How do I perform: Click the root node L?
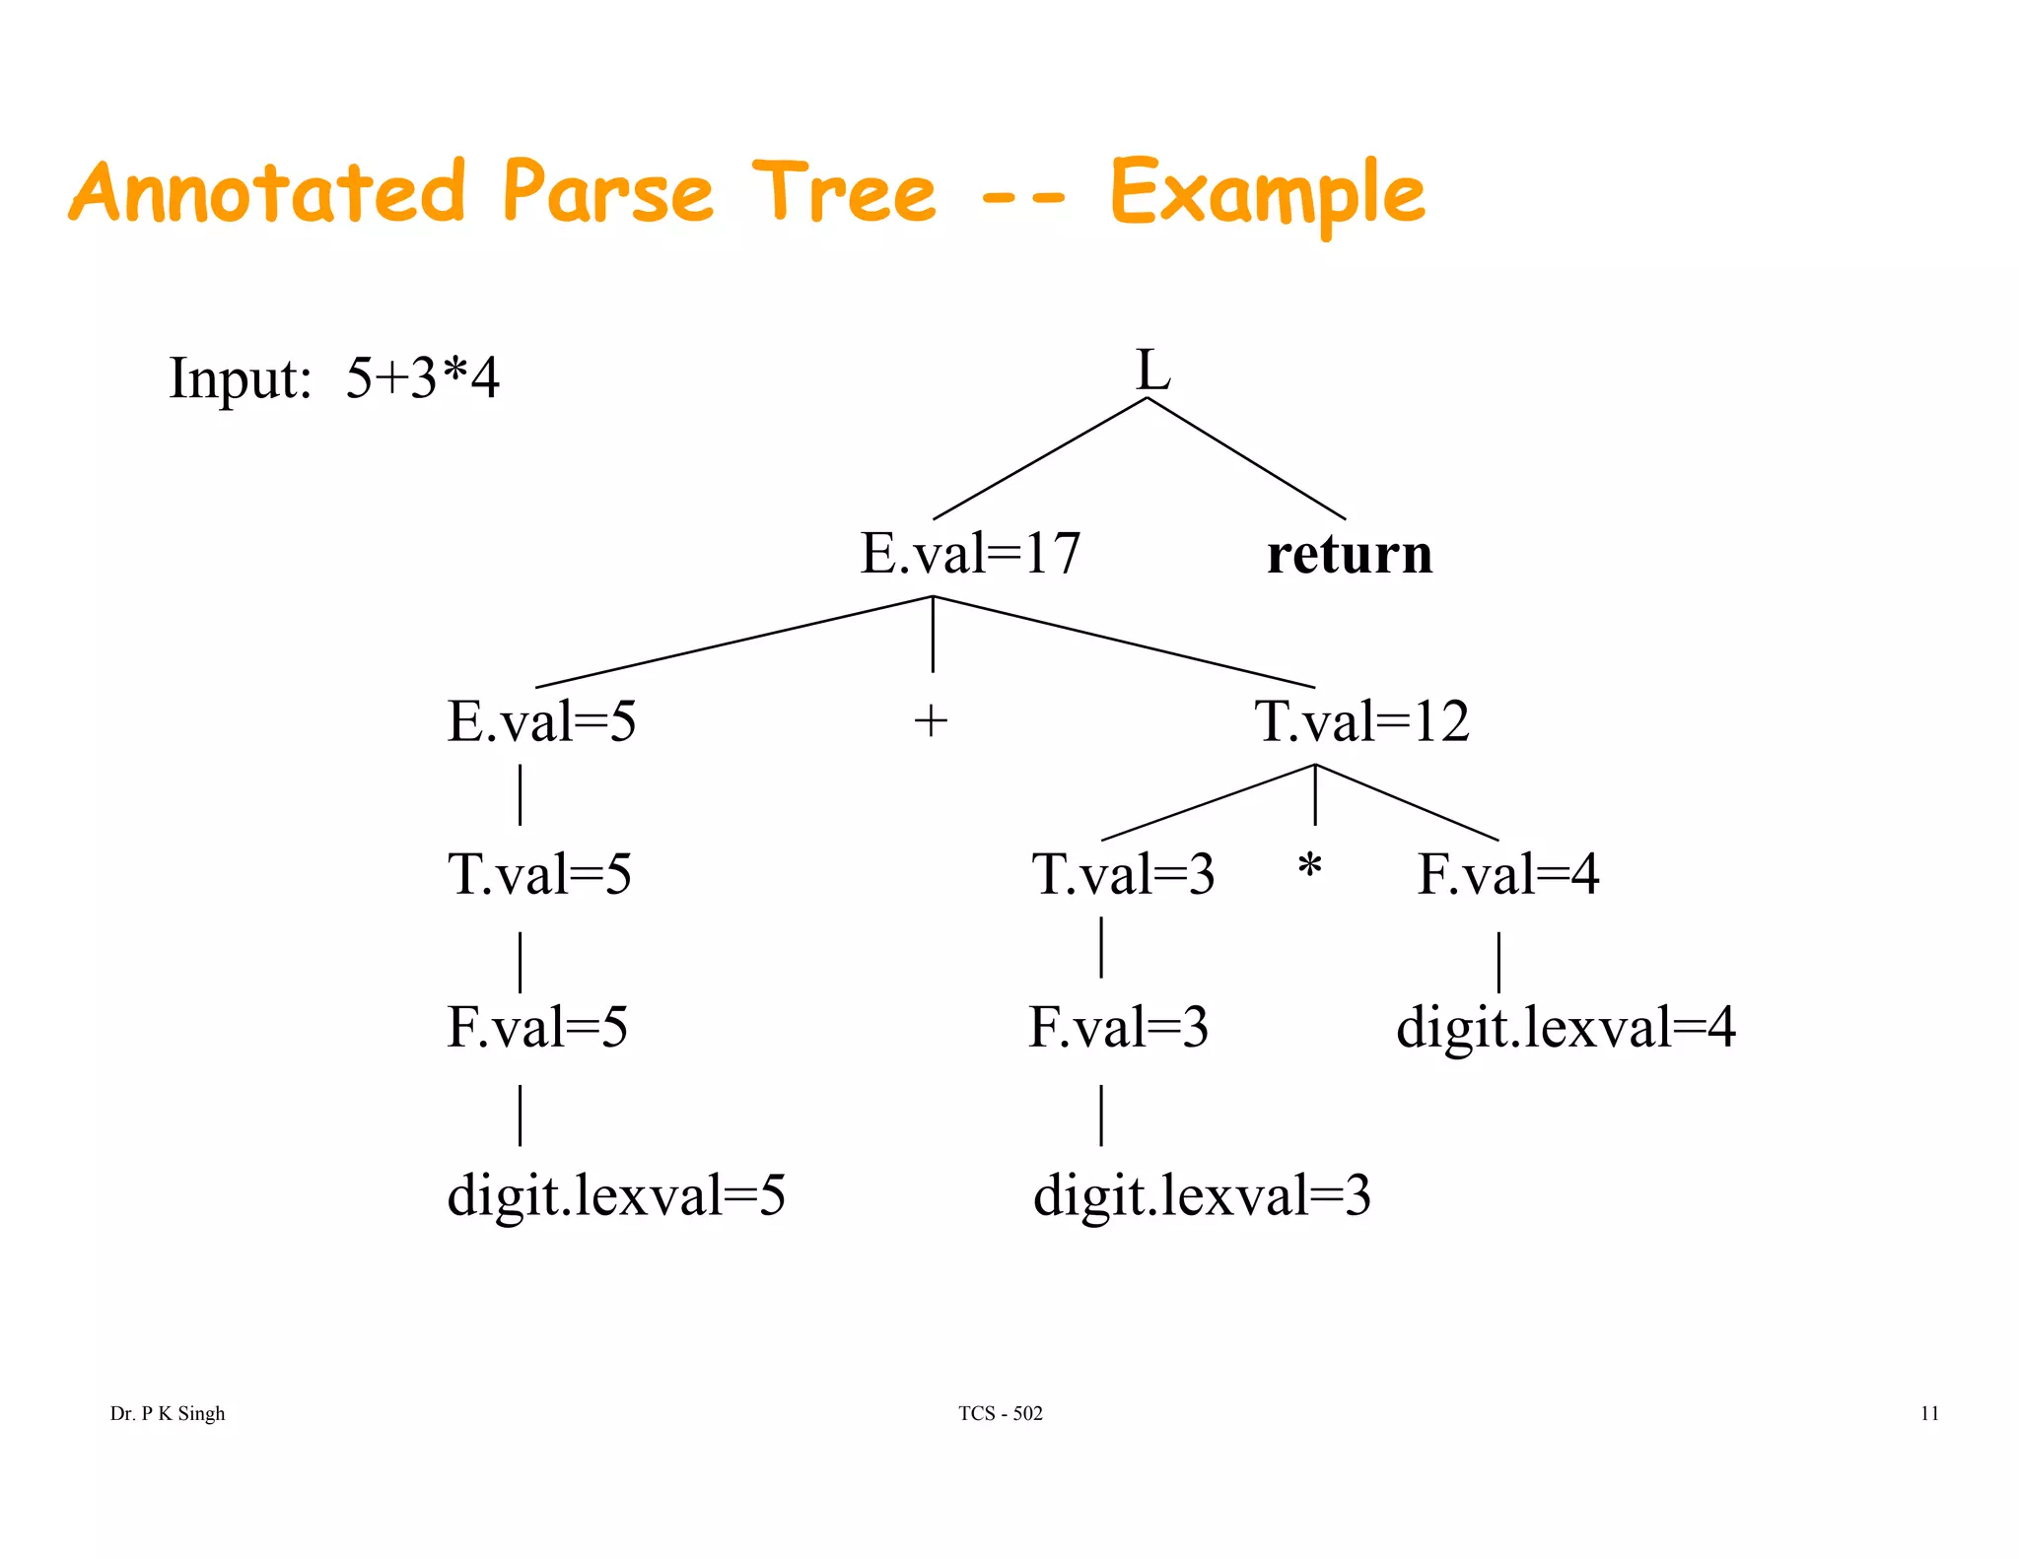[x=1152, y=371]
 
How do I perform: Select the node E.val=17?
[x=970, y=553]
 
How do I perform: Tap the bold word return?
[x=1350, y=554]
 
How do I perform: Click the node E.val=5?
[x=541, y=721]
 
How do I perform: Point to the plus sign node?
[x=931, y=721]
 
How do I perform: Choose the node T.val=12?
[x=1361, y=721]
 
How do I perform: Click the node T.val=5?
[x=539, y=874]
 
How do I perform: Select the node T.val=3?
[x=1123, y=874]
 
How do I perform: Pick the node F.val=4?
[x=1507, y=874]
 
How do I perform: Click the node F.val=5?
[x=537, y=1027]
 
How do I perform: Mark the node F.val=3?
[x=1118, y=1027]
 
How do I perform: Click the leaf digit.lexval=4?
[x=1566, y=1027]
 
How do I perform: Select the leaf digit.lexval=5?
[x=616, y=1195]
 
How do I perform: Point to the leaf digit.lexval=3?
[x=1202, y=1195]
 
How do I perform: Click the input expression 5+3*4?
[x=422, y=377]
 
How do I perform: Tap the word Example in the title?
[x=1267, y=193]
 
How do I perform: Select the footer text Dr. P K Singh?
[x=168, y=1413]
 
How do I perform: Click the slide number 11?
[x=1929, y=1413]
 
